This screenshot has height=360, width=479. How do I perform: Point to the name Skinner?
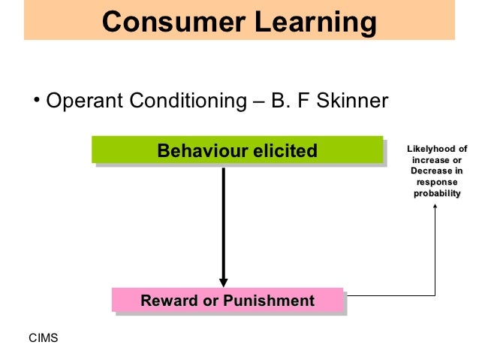tap(349, 101)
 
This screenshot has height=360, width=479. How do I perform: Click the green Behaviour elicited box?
tap(236, 150)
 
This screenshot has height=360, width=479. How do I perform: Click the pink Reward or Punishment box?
tap(227, 301)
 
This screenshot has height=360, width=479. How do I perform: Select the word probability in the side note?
tap(436, 194)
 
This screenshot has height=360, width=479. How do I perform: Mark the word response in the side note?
tap(436, 183)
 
